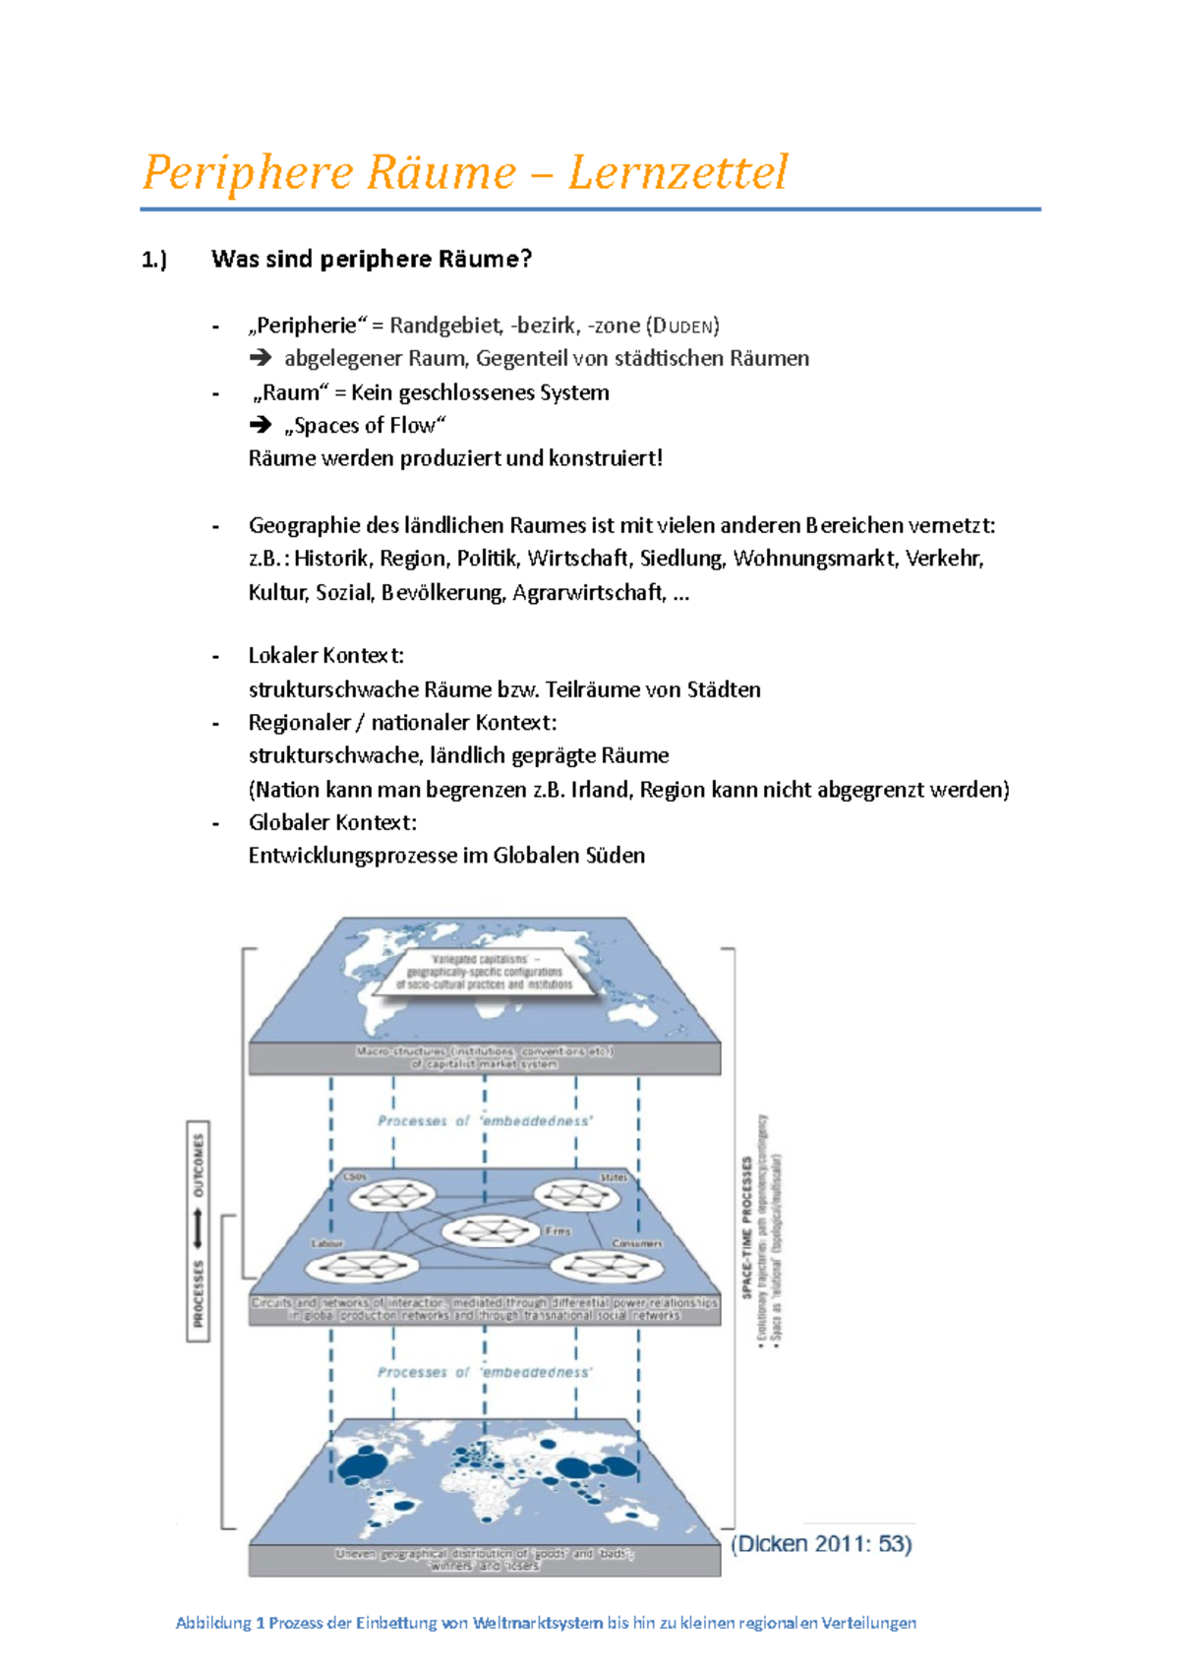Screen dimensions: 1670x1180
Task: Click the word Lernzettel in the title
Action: (678, 172)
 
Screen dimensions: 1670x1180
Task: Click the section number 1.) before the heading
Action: (154, 260)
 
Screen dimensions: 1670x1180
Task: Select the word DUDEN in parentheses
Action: (682, 326)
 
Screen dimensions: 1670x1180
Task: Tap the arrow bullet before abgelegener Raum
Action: (261, 358)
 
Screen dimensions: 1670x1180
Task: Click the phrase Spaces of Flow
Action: (365, 425)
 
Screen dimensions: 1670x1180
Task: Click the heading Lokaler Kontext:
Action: (325, 655)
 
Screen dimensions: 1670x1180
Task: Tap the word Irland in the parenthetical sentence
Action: (601, 789)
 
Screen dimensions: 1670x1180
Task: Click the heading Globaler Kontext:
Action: (332, 822)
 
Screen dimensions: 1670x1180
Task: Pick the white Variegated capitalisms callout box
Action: (484, 972)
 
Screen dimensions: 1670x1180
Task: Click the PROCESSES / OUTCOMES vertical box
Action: (199, 1230)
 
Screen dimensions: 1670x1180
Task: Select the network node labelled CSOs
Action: (391, 1196)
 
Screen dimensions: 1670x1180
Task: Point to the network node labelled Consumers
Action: (600, 1265)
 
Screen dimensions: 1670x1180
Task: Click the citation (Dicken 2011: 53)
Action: (821, 1543)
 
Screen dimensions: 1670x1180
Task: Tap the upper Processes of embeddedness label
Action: (485, 1120)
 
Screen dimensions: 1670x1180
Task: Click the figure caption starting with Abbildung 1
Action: (546, 1623)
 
